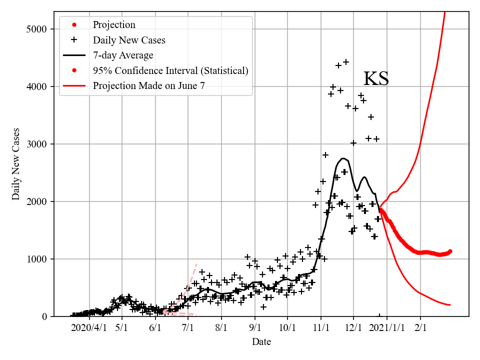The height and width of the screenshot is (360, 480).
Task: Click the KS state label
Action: point(375,79)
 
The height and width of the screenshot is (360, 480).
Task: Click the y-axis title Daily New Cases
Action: point(16,164)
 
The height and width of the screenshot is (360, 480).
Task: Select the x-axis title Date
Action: point(261,342)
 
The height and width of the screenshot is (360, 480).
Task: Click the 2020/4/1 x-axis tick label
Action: point(89,328)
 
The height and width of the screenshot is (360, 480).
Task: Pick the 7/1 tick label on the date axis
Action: point(188,328)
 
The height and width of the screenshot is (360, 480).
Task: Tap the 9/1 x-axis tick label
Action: point(254,328)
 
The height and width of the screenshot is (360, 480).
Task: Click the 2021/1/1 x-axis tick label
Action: point(387,328)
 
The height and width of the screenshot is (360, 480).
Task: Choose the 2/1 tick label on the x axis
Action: point(420,328)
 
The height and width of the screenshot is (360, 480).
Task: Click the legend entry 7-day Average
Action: point(123,55)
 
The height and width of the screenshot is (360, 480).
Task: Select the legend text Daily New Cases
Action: point(128,40)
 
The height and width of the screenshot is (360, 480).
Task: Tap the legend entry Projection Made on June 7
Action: point(148,86)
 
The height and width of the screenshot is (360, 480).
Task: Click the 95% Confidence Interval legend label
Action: point(170,70)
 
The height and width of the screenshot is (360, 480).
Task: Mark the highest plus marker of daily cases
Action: point(345,62)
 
